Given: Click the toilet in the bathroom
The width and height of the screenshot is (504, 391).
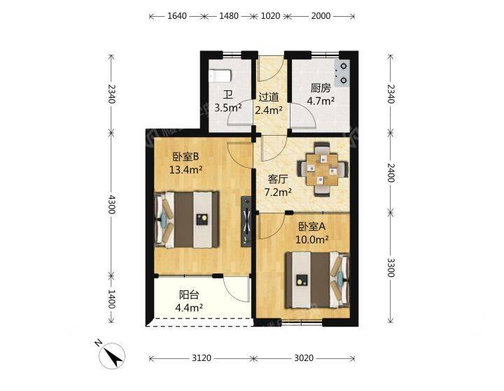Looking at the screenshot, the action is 220,76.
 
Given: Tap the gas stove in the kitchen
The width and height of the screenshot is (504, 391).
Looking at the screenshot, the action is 342,73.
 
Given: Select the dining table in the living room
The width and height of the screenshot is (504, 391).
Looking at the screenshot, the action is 323,169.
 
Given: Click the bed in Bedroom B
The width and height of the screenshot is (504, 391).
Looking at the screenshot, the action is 187,220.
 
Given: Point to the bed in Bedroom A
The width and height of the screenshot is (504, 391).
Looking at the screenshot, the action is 318,280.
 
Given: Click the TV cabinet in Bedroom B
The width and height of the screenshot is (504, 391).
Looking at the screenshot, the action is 246,221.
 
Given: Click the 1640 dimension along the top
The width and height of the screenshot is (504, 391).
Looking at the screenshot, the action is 177,16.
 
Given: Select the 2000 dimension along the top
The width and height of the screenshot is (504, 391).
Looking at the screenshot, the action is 321,16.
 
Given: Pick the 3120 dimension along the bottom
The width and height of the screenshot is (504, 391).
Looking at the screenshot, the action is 202,358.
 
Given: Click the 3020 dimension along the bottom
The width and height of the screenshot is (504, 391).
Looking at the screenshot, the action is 304,358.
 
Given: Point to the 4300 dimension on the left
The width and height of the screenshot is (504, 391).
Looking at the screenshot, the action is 111,204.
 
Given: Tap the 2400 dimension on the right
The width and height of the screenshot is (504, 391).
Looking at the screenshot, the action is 391,173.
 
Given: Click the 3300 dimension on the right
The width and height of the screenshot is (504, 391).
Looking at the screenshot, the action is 391,267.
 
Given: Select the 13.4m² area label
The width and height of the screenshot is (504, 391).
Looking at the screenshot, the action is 185,170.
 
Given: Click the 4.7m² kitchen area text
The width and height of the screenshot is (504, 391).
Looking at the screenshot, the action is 321,101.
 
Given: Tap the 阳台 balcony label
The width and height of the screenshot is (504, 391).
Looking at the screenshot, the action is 189,294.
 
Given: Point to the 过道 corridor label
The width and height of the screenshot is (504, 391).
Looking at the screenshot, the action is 268,97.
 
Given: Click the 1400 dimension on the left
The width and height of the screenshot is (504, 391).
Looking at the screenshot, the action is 111,299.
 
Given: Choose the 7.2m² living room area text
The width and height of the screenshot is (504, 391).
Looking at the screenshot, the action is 278,192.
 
